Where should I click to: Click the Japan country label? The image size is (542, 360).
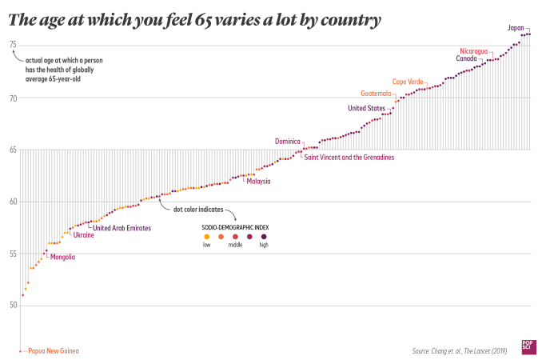point(516,28)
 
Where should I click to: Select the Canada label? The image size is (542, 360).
point(468,58)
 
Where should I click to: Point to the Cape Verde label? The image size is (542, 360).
point(408,82)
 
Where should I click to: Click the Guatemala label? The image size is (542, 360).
point(376,93)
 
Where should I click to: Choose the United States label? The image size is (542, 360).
point(365,108)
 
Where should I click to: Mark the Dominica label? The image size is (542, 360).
point(288,141)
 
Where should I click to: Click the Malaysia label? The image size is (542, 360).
point(257,181)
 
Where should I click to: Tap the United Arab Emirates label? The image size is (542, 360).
point(122,228)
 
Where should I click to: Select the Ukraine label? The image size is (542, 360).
point(84,235)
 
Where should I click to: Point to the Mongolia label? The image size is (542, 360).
point(62,258)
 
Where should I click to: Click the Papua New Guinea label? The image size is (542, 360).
point(54,350)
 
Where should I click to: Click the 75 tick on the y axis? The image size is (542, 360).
point(13,45)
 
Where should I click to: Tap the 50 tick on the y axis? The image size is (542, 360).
point(13,305)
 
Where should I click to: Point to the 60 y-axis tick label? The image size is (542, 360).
point(13,201)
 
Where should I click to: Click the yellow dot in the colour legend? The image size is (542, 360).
point(207,237)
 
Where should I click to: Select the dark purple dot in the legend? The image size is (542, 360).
point(263,237)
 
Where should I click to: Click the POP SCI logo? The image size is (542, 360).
point(528,344)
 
